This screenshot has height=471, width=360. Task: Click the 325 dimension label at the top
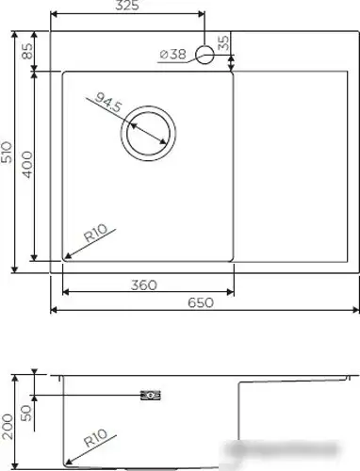pyautogui.click(x=127, y=7)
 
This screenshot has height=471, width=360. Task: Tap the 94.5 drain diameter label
pyautogui.click(x=106, y=103)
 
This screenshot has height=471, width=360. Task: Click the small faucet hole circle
pyautogui.click(x=205, y=54)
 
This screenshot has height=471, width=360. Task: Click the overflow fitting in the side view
pyautogui.click(x=149, y=395)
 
